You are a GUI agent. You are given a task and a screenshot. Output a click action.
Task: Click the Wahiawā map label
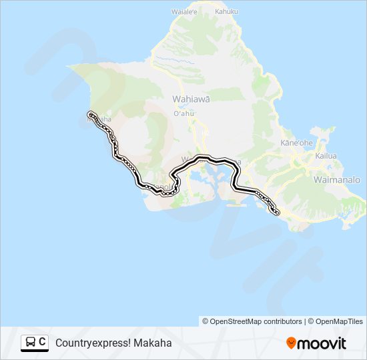click(191, 99)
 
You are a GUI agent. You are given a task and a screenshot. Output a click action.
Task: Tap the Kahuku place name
click(226, 11)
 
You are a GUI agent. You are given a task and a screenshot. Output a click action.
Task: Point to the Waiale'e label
click(184, 11)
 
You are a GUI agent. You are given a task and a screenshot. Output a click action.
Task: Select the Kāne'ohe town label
click(296, 143)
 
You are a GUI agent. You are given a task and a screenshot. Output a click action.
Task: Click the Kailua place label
click(326, 155)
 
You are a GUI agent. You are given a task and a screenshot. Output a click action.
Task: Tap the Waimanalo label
click(336, 180)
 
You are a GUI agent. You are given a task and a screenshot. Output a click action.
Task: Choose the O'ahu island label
click(183, 113)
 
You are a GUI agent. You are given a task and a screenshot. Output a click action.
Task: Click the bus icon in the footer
click(30, 343)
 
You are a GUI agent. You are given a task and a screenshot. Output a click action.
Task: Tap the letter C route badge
click(42, 342)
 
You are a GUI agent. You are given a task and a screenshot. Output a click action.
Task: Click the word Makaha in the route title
click(152, 343)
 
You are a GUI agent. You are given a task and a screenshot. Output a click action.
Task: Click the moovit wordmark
click(322, 343)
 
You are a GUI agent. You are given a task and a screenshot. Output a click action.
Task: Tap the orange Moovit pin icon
click(291, 343)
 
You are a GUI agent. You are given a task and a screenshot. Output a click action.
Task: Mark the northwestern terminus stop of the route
click(90, 115)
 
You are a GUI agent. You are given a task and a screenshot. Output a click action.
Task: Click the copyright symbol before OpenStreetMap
click(206, 321)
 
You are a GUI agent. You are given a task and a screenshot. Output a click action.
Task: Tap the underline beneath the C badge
click(35, 351)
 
